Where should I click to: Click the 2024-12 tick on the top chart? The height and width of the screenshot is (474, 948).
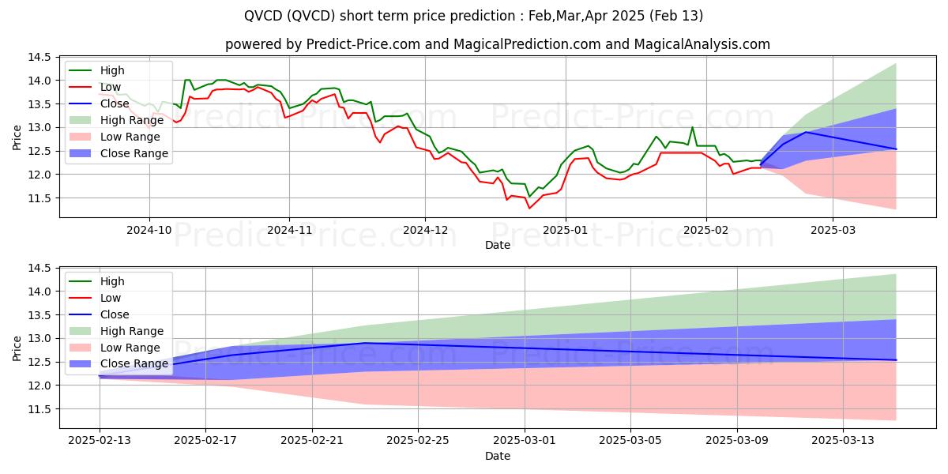click(425, 229)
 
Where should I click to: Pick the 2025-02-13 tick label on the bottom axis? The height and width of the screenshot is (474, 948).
click(100, 440)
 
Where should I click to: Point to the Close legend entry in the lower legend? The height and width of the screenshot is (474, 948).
click(115, 314)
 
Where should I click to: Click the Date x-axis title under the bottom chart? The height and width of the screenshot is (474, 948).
click(497, 456)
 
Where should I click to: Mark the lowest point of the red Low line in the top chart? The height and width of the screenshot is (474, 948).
click(529, 208)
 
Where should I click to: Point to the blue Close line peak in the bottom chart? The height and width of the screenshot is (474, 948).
click(365, 343)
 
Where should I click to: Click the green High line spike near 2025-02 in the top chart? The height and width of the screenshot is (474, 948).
click(693, 127)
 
